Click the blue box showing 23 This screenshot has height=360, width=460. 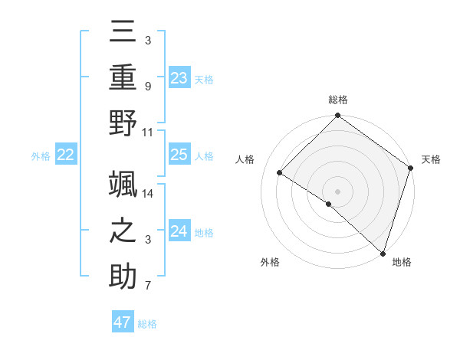pos(179,77)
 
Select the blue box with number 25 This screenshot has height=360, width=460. pos(179,155)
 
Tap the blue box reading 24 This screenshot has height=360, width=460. pos(179,231)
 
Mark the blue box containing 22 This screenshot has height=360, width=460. pos(66,155)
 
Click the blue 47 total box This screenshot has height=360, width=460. pos(123,322)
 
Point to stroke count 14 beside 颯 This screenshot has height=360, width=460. pos(148,193)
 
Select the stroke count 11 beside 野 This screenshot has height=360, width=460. pos(148,132)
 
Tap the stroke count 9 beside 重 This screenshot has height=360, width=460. pos(148,87)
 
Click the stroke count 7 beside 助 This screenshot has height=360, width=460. pos(148,286)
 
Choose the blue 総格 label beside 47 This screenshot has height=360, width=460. pos(147,324)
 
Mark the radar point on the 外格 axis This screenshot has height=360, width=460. pos(329,204)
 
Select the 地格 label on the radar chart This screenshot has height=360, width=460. pos(402,263)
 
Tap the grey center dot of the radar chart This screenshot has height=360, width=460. pos(337,191)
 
